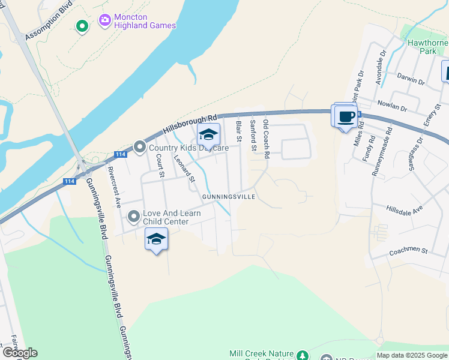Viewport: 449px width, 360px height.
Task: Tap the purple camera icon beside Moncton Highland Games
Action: click(105, 21)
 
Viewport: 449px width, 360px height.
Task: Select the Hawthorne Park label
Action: click(428, 47)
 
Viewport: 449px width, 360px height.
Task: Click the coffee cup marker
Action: click(346, 117)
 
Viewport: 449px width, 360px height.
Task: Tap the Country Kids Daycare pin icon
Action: click(139, 147)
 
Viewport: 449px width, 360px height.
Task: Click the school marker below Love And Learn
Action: click(156, 239)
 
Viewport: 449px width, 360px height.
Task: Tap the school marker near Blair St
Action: click(209, 134)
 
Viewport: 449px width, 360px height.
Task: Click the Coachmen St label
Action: click(408, 250)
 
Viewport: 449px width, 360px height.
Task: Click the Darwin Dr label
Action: click(411, 78)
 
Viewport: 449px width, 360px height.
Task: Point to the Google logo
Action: click(19, 353)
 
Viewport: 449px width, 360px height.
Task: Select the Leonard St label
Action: click(184, 169)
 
